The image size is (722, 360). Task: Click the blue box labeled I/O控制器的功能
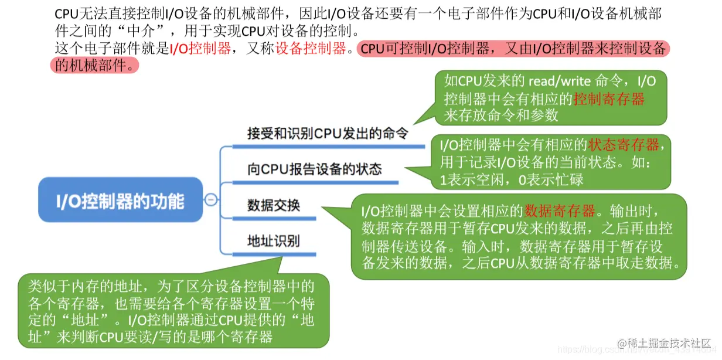coord(120,201)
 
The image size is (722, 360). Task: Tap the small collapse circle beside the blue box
coord(211,200)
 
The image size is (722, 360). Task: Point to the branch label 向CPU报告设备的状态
coord(315,169)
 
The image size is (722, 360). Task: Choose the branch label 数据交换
coord(274,205)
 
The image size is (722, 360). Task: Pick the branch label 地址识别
coord(274,240)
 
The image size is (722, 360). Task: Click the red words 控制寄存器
coord(609,99)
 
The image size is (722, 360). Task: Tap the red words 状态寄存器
coord(624,144)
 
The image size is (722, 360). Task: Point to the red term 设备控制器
coord(311,49)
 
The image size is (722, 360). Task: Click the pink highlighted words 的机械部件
coord(94,64)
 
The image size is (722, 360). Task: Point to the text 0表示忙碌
coord(551,179)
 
